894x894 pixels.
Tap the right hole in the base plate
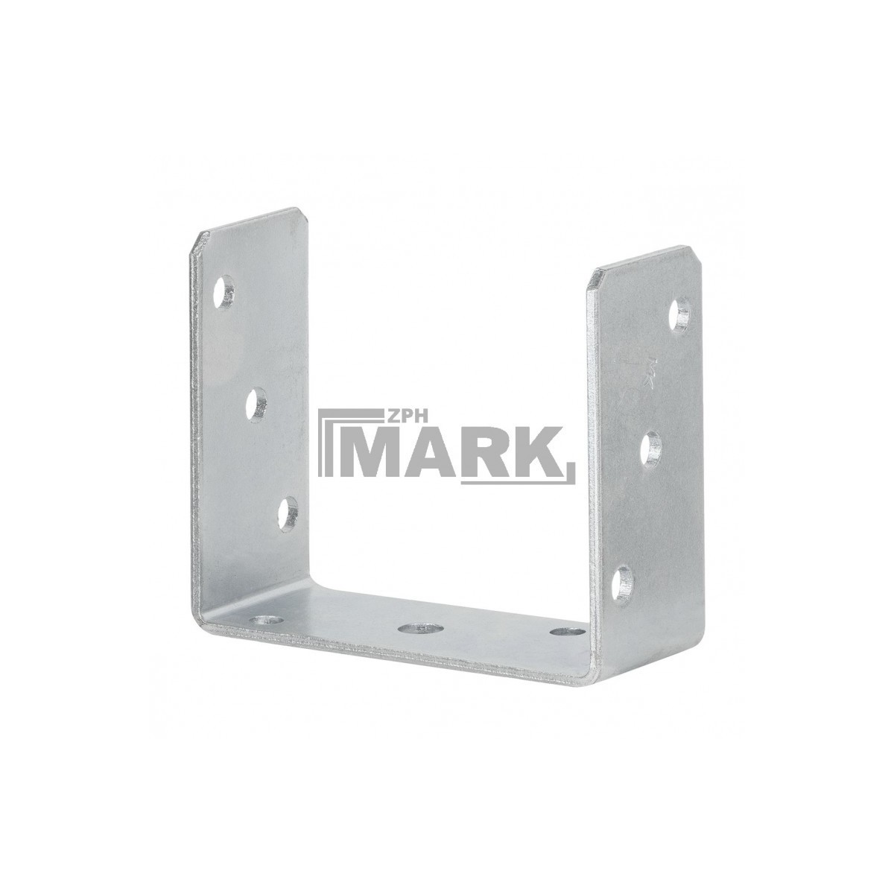(567, 630)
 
